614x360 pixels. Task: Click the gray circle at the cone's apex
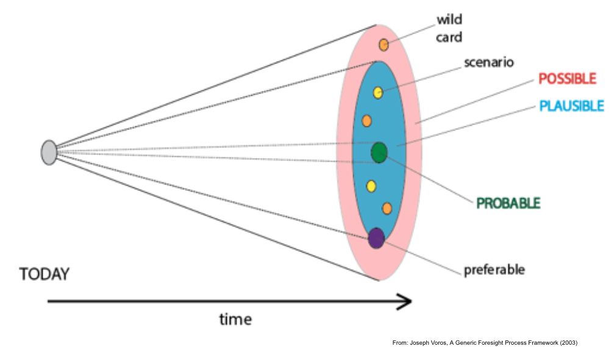49,153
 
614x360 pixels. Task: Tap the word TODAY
45,274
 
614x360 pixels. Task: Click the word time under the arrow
235,319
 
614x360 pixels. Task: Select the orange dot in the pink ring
384,45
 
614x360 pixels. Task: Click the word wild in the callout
449,20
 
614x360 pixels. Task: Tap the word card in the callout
449,38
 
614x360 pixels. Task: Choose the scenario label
489,62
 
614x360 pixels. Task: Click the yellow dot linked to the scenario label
377,93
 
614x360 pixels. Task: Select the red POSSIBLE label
567,79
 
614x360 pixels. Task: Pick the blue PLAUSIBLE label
571,106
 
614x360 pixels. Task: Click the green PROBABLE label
509,203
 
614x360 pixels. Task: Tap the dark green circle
379,153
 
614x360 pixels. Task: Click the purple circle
376,238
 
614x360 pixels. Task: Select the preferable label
494,269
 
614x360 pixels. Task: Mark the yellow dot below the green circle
371,186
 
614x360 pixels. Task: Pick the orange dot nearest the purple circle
387,209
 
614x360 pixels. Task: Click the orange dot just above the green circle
366,121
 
